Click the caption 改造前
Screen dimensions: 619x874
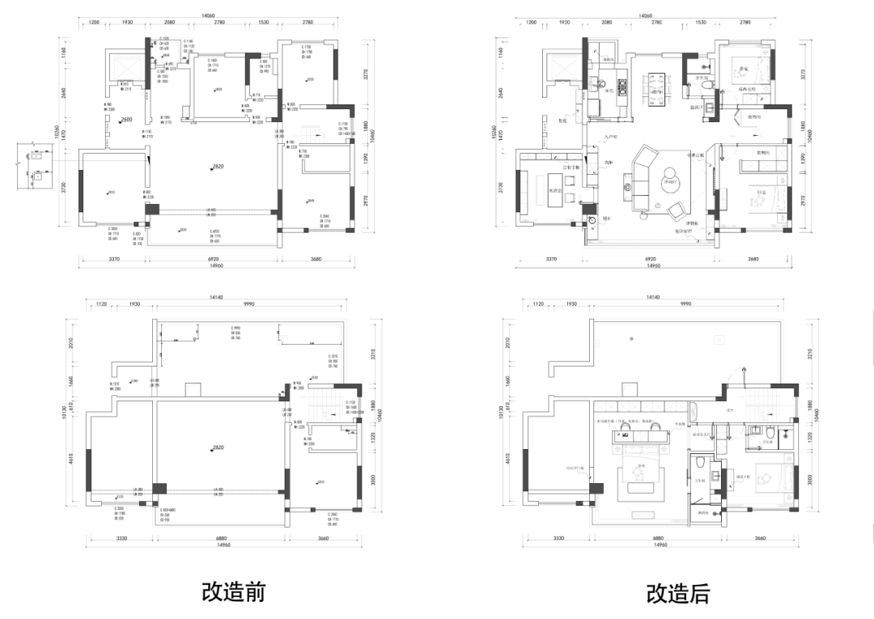coord(233,591)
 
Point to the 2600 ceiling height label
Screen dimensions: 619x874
coord(126,120)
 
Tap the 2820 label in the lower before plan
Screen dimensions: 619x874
coord(218,447)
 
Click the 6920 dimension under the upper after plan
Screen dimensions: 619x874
coord(650,259)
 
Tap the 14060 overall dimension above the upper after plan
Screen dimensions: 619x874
coord(645,15)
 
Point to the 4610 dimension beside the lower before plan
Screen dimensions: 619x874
coord(71,460)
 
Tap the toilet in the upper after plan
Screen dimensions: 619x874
coord(706,83)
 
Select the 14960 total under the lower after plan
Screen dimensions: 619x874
coord(660,545)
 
